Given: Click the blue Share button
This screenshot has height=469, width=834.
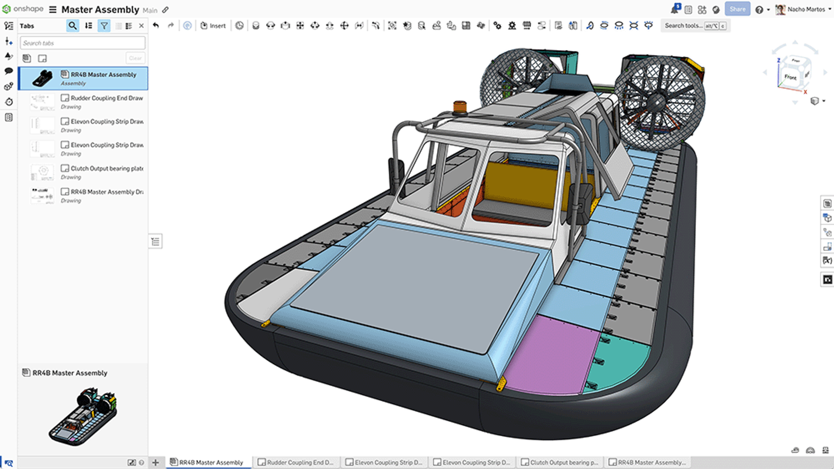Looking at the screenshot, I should [737, 9].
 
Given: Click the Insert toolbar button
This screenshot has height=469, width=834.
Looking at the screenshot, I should [213, 26].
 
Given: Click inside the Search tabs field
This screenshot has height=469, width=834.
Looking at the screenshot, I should [82, 43].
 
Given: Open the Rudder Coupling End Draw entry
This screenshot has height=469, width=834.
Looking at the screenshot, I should [102, 101].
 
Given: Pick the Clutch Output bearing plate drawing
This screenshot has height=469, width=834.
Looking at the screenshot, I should [102, 172].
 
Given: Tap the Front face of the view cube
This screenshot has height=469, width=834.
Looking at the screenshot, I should [790, 77].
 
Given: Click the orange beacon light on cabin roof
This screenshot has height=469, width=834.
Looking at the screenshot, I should [460, 106].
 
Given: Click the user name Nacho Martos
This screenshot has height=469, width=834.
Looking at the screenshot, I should [805, 9].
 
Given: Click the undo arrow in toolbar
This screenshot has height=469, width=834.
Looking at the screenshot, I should [156, 26].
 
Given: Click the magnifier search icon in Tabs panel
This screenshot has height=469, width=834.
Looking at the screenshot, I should [72, 26].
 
